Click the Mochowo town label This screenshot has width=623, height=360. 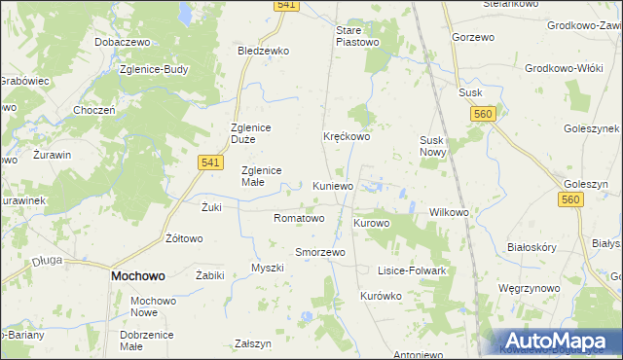(x=137, y=275)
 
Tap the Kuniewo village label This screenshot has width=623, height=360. (x=335, y=185)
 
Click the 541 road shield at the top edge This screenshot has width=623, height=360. (x=286, y=5)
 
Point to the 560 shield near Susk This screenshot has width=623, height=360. (x=481, y=114)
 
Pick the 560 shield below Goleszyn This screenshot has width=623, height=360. (x=571, y=199)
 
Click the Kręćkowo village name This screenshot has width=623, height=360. (x=347, y=137)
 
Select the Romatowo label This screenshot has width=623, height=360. (x=299, y=218)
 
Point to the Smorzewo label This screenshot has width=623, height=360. (x=320, y=252)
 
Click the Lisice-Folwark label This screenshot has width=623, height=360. (x=412, y=270)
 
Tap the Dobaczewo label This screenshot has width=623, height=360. (x=121, y=43)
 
